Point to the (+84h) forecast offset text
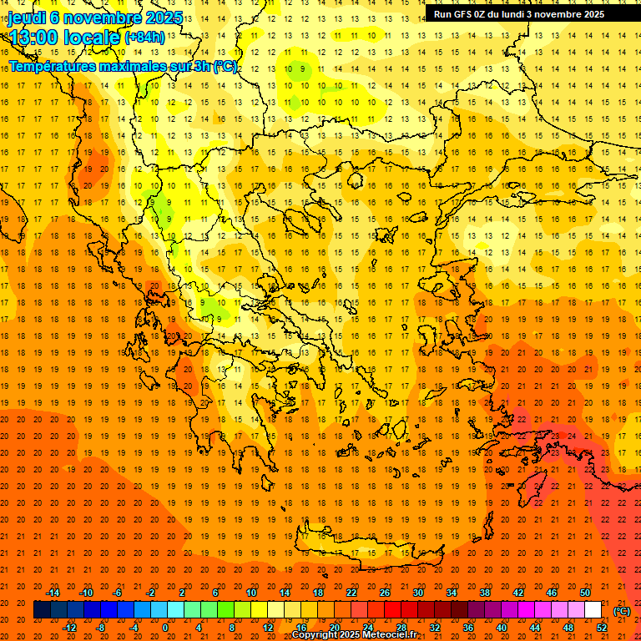click(144, 37)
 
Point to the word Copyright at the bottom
click(316, 635)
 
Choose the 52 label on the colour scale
click(602, 628)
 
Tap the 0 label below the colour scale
click(165, 628)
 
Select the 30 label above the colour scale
click(418, 593)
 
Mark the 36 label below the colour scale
click(468, 628)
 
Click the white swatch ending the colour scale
click(593, 610)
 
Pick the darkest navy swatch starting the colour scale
click(42, 610)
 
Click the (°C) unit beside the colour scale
click(621, 611)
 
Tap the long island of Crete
click(367, 551)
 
